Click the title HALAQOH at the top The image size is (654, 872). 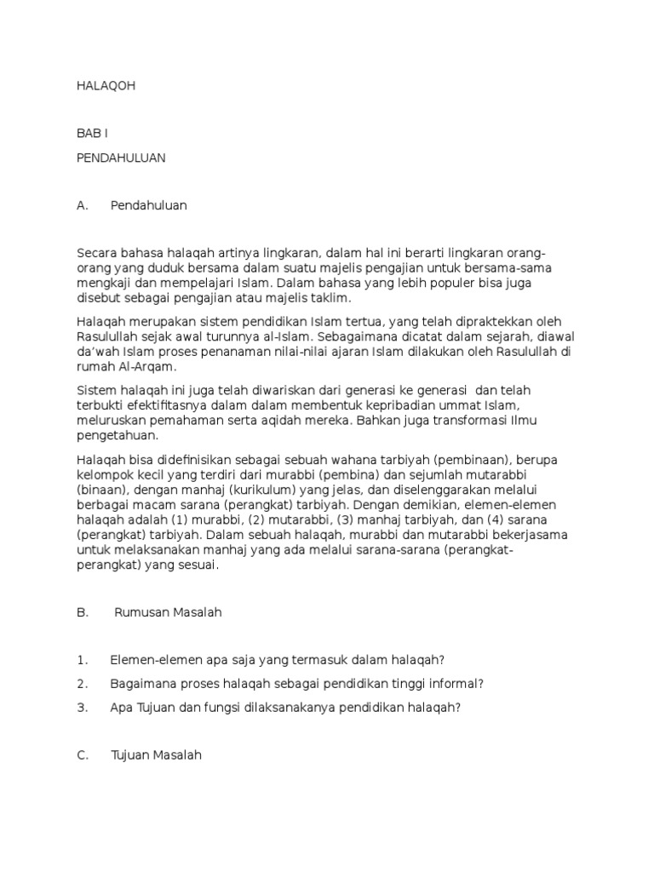tap(106, 86)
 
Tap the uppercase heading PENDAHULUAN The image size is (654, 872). tap(120, 158)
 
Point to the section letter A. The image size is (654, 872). tap(83, 205)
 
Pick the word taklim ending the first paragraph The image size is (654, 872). tap(328, 299)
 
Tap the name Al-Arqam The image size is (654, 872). tap(148, 367)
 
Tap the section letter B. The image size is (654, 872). tap(83, 612)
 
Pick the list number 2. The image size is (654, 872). tap(82, 684)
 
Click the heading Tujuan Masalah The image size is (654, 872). tap(156, 754)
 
